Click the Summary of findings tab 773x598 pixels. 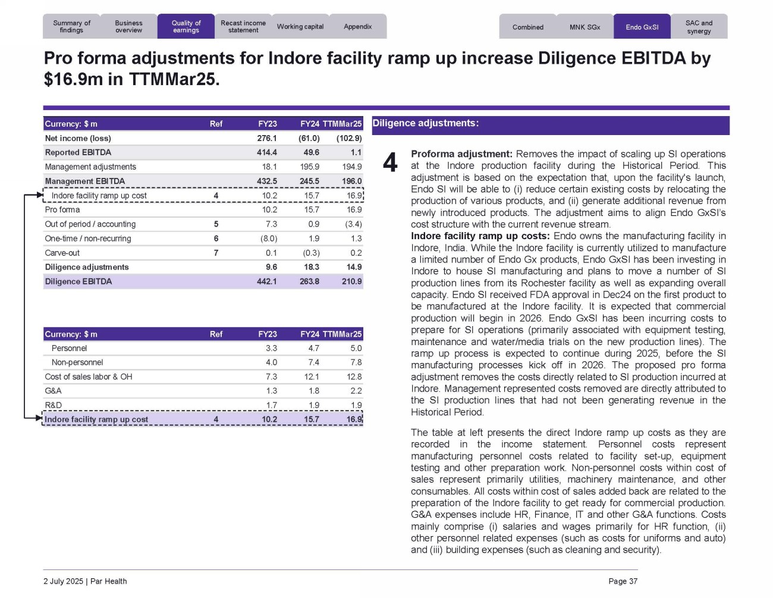tap(71, 27)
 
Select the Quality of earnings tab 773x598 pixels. tap(186, 27)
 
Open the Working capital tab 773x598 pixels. tap(300, 27)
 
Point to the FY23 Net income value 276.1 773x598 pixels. tap(267, 138)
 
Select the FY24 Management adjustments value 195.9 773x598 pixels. tap(309, 167)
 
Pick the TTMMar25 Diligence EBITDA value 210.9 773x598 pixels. tap(351, 281)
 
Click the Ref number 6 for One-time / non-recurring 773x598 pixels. tap(216, 239)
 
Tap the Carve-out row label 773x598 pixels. tap(62, 253)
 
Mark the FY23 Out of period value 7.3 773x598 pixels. tap(271, 224)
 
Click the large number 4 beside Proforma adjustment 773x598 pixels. tap(390, 162)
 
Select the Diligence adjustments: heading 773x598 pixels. tap(425, 123)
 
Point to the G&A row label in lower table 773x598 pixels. tap(53, 391)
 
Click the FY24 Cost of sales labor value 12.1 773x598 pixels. tap(312, 377)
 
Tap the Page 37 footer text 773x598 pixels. tap(623, 581)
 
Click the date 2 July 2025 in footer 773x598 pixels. tap(63, 581)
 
